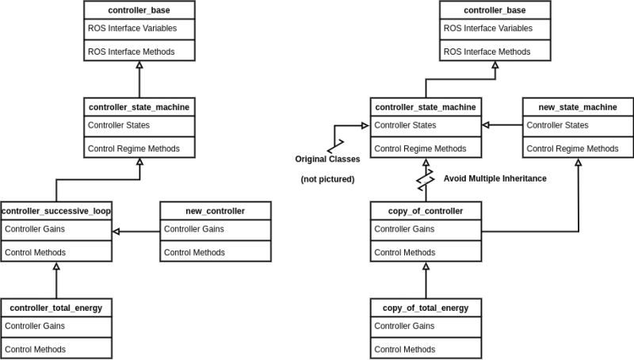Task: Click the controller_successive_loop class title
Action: [56, 211]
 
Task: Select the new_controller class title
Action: [215, 211]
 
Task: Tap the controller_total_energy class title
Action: [56, 308]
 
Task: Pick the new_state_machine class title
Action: [577, 107]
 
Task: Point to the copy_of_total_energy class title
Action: [426, 308]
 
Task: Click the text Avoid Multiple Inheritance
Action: [495, 178]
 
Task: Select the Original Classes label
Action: [327, 159]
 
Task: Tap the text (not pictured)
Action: [327, 179]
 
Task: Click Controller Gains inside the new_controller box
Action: [194, 230]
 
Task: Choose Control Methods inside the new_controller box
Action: [194, 252]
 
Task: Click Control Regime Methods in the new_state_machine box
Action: [572, 148]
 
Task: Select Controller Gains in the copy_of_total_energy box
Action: [404, 326]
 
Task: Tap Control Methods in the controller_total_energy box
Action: [35, 349]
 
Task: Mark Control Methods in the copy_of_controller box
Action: [404, 252]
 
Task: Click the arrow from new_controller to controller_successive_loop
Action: [136, 232]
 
